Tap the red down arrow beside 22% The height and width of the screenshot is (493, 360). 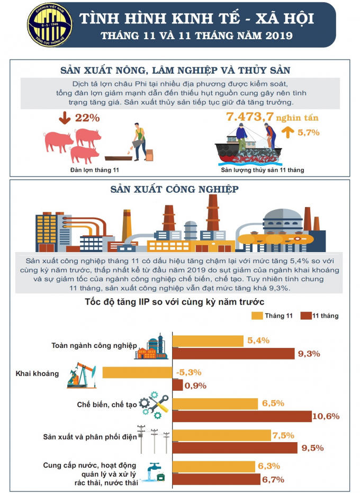(x=64, y=118)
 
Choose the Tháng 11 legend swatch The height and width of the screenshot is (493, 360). (x=257, y=316)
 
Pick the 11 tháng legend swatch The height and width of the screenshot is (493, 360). (x=305, y=316)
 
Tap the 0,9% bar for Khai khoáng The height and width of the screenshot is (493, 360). (x=178, y=386)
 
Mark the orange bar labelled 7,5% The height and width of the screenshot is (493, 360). (x=222, y=435)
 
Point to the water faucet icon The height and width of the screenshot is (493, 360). (x=156, y=471)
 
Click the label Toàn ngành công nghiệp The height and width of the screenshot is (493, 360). (x=93, y=345)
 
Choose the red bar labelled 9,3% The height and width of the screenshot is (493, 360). (x=234, y=354)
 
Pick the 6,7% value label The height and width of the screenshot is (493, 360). (x=273, y=480)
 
